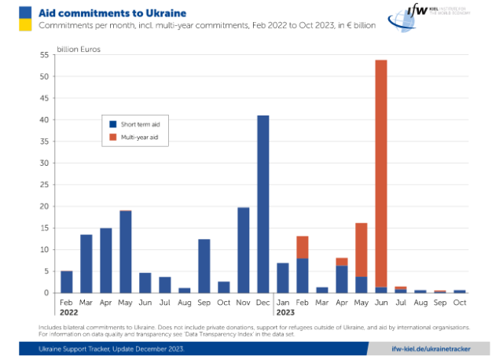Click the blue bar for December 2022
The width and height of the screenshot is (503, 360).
[263, 204]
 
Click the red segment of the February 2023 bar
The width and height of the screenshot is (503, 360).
[302, 247]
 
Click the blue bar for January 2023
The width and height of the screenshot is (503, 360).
[282, 277]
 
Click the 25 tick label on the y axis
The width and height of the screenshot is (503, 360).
[45, 185]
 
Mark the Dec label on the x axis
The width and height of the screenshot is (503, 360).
[263, 301]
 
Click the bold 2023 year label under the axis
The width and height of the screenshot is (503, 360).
[285, 312]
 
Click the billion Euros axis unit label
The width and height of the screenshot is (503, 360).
[79, 49]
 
